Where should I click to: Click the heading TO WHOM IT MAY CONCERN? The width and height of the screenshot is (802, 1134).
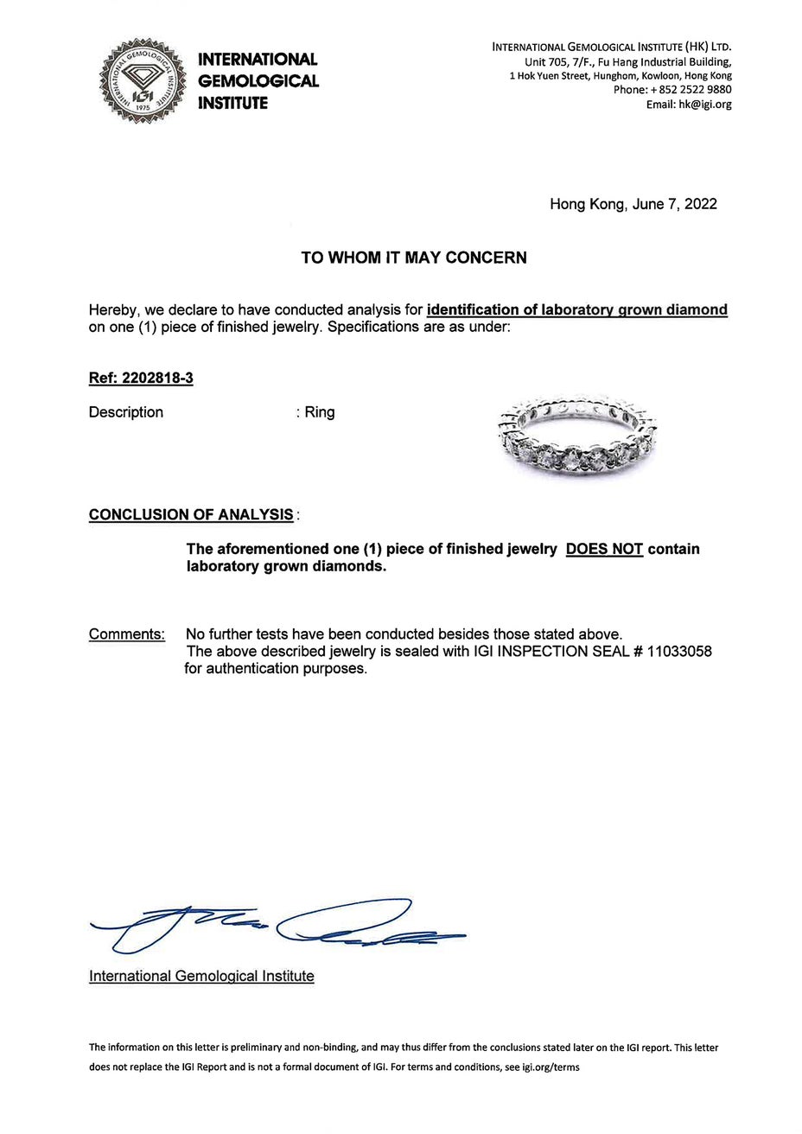[413, 258]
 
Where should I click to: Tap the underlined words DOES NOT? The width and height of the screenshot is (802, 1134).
[604, 549]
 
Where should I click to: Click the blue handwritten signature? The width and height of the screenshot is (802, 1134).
[277, 927]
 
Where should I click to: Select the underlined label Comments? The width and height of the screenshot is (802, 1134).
[127, 635]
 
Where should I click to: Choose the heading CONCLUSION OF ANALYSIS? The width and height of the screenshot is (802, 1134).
[191, 515]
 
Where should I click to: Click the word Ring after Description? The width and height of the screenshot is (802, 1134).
[320, 412]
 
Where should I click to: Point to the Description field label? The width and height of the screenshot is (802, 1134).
[126, 412]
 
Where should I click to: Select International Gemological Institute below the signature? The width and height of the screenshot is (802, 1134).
[201, 976]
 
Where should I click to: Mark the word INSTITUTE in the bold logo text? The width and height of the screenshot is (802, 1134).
[233, 104]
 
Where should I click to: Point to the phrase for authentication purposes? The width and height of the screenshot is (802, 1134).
[276, 669]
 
